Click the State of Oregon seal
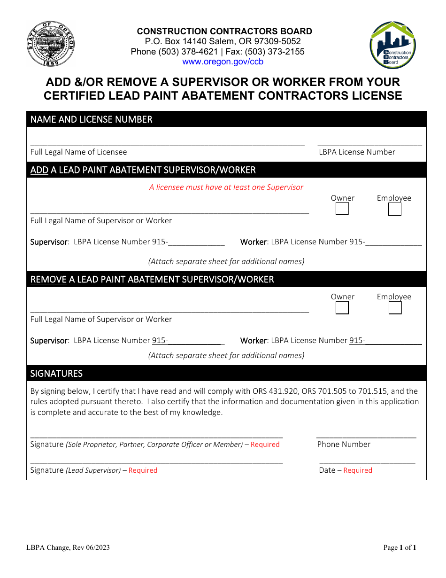point(50,45)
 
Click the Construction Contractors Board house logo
point(393,46)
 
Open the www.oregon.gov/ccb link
point(223,62)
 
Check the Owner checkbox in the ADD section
point(342,209)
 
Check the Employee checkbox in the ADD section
point(395,209)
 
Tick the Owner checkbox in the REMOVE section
point(342,308)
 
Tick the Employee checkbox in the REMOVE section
point(395,308)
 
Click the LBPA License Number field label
point(357,152)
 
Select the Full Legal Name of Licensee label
point(78,152)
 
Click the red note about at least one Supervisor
point(226,187)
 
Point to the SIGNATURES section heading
point(56,374)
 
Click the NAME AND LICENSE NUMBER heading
point(91,119)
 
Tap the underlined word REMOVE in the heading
point(48,280)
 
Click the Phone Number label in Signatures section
point(344,444)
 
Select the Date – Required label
point(346,470)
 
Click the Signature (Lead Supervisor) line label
point(93,470)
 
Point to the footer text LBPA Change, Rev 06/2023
point(70,547)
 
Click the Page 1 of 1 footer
point(400,547)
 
